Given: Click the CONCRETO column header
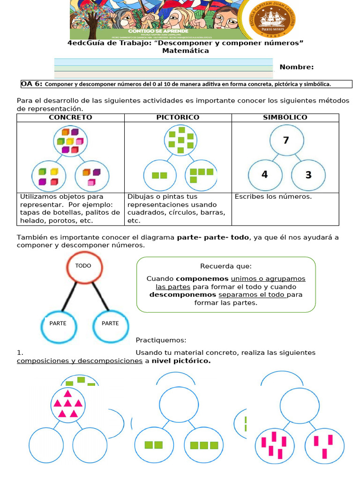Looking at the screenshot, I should coord(70,117).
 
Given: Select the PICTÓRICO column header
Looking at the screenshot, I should coord(178,117).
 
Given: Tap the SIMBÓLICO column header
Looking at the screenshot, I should coord(285,117).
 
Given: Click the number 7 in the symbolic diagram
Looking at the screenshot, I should coord(286,140).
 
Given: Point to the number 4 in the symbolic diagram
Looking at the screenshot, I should coord(265,174).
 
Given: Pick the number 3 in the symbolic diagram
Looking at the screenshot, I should coord(308,175).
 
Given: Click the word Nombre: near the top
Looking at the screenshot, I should coord(297,67).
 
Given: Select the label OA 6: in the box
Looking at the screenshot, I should coord(32,84).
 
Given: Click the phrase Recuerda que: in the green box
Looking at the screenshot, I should coord(226,266).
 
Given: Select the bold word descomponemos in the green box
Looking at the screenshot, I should coord(183,294).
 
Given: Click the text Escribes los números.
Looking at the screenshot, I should coord(273,196).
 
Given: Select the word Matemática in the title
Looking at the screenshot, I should coord(186,51).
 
